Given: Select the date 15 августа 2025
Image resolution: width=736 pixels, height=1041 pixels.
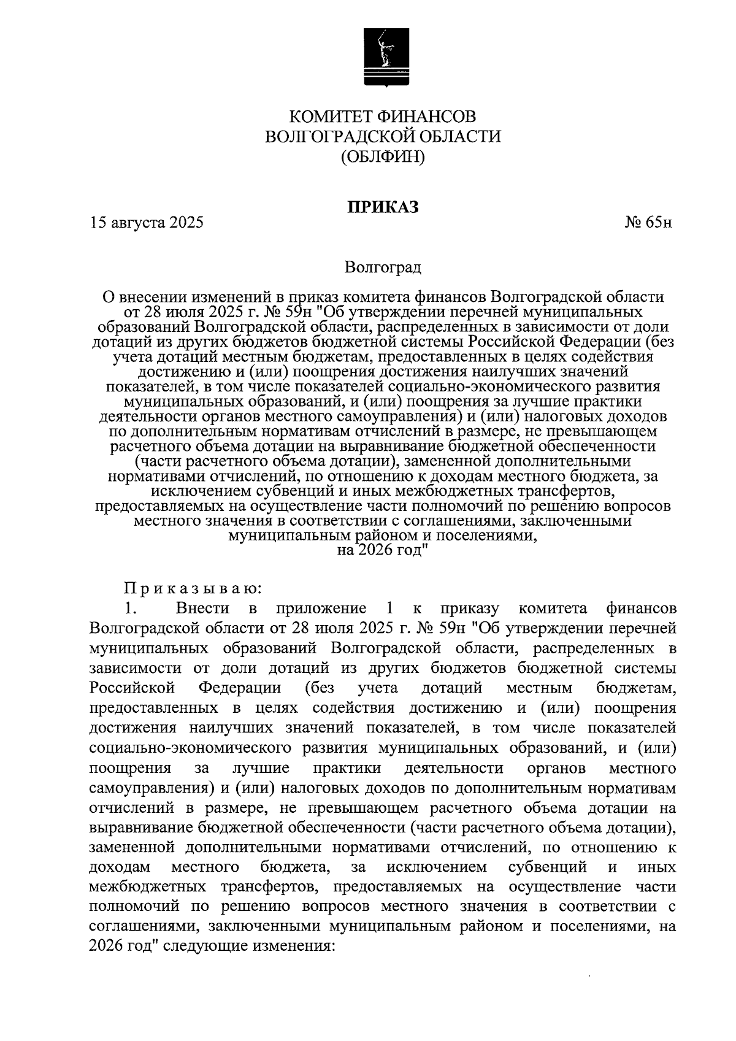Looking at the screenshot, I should (146, 223).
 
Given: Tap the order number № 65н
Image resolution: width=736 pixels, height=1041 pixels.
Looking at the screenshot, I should (648, 223).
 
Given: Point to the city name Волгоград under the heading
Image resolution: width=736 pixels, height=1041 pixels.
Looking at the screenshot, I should (383, 267).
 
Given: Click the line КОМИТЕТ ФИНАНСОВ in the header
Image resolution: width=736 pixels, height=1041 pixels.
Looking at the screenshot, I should (383, 116).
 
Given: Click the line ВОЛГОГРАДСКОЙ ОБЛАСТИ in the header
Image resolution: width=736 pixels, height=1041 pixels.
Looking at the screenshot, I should (383, 136).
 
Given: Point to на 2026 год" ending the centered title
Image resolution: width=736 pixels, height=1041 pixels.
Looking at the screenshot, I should (383, 550).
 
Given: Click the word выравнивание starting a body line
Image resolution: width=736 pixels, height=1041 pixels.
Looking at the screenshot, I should (140, 828).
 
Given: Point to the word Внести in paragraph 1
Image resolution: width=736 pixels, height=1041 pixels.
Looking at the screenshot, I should (202, 609).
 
